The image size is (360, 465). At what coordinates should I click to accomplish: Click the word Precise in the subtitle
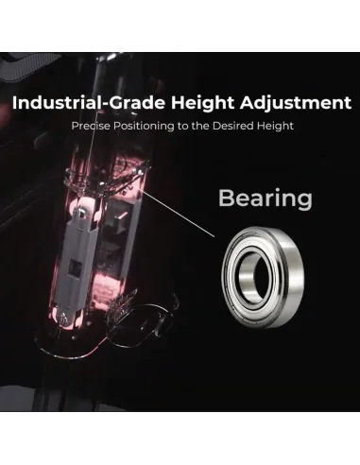(x=92, y=126)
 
